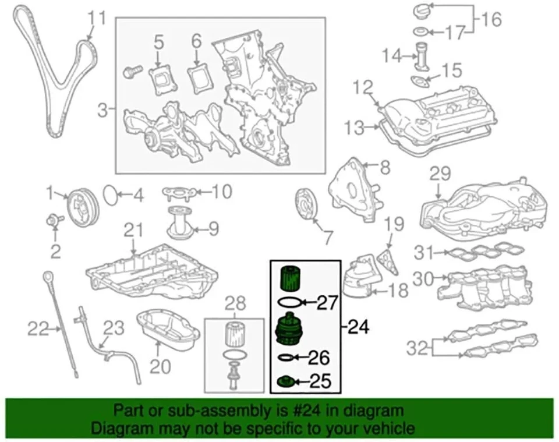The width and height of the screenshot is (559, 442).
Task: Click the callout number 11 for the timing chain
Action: click(97, 18)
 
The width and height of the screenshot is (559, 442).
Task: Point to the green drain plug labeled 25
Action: click(285, 382)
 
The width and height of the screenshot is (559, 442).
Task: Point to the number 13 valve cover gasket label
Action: click(353, 126)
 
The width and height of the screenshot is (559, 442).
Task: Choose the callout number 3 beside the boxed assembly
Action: click(102, 109)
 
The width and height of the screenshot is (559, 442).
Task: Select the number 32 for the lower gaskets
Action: click(418, 348)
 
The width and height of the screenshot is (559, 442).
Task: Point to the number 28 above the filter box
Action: click(236, 303)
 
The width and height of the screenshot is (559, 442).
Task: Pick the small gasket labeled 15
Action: click(418, 80)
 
